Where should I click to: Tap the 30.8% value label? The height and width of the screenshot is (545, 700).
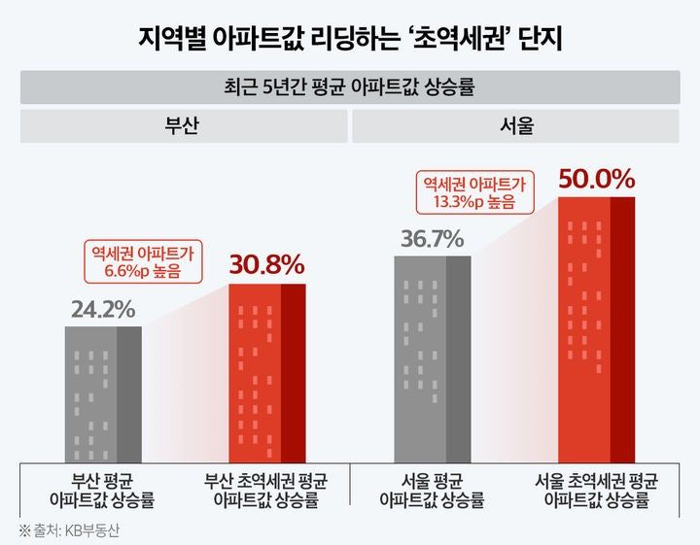click(x=267, y=264)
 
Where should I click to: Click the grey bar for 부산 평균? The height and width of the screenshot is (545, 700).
click(x=103, y=393)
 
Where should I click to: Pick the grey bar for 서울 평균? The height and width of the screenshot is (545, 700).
click(x=432, y=358)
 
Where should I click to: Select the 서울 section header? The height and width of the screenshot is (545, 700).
click(x=515, y=126)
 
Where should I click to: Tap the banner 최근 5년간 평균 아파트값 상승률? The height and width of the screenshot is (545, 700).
click(x=350, y=86)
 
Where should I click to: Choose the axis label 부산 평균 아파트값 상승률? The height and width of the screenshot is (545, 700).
click(x=102, y=492)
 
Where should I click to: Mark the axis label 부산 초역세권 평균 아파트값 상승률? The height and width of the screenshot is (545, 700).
click(x=267, y=492)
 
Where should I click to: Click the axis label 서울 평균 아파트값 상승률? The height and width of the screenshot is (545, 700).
click(x=432, y=492)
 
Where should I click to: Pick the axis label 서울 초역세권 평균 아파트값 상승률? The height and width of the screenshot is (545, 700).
click(x=596, y=492)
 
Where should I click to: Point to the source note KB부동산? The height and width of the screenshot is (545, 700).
click(x=92, y=530)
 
